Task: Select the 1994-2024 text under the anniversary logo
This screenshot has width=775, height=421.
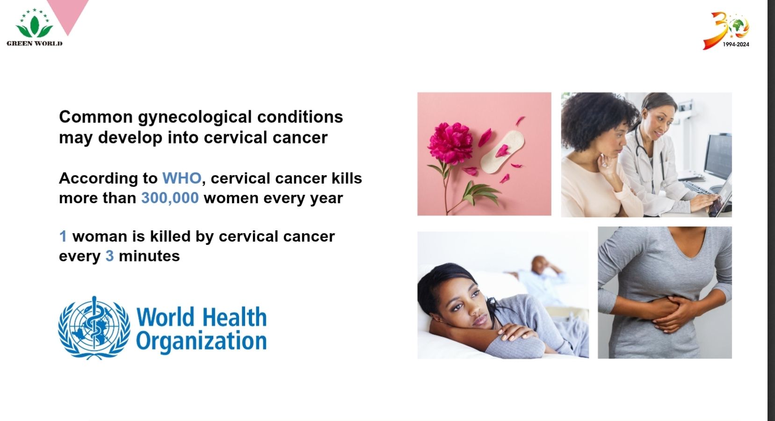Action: click(736, 44)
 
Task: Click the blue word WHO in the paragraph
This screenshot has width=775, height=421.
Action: click(181, 178)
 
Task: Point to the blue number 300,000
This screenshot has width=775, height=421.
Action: click(170, 198)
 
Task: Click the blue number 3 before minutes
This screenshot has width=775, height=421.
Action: click(109, 256)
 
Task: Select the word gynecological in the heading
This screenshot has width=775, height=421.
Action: click(195, 118)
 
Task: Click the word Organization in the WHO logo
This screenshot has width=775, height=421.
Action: click(202, 342)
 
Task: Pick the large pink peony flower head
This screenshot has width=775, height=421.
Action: click(450, 143)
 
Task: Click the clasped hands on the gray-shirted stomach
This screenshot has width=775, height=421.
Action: click(668, 313)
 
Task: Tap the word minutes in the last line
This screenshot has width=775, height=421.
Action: click(149, 256)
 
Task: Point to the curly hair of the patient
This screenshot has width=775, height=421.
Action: click(597, 119)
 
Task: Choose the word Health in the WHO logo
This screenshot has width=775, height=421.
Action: click(234, 317)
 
